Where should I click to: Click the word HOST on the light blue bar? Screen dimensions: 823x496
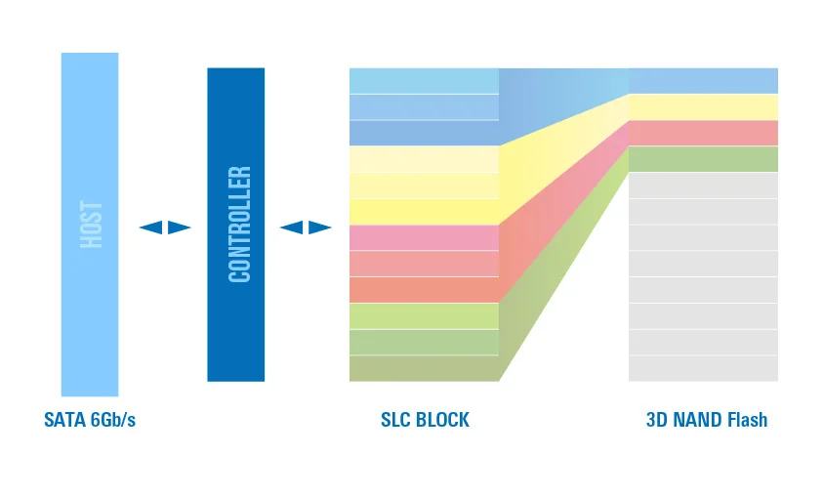pos(92,225)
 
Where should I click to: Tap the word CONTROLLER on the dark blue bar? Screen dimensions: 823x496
pos(240,225)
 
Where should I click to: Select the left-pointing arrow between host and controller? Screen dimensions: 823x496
pos(150,227)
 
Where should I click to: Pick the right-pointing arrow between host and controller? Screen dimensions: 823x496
pos(179,227)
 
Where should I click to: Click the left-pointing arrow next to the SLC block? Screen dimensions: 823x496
pos(291,227)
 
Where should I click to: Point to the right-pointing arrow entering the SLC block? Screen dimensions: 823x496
pos(320,227)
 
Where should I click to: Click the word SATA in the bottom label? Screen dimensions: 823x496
pos(65,420)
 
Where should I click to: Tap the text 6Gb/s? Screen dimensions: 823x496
pos(113,420)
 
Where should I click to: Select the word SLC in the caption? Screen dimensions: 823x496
pos(395,420)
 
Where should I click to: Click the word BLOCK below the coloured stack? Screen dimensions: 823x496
pos(442,420)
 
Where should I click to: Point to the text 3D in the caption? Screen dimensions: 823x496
pos(657,420)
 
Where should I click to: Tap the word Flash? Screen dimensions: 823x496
pos(748,420)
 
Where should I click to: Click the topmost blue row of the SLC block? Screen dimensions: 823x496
pos(424,81)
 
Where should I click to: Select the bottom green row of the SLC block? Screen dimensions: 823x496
pos(424,368)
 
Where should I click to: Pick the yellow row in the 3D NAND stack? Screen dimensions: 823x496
pos(703,107)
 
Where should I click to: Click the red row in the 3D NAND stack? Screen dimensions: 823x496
pos(703,134)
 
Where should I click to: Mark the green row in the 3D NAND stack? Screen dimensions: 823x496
pos(703,159)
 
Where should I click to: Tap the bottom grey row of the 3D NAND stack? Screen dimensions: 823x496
pos(703,368)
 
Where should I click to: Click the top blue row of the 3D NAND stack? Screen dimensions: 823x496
pos(703,81)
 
